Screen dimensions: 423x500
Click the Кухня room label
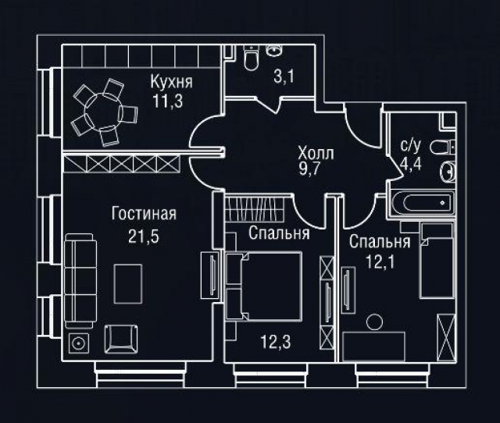click(171, 82)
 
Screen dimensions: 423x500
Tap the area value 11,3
click(171, 99)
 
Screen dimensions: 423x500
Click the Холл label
click(316, 154)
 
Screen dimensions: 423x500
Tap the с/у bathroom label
click(410, 145)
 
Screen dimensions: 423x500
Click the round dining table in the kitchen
click(104, 111)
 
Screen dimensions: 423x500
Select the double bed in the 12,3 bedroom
click(264, 285)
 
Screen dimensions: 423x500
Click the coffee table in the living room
click(127, 283)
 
